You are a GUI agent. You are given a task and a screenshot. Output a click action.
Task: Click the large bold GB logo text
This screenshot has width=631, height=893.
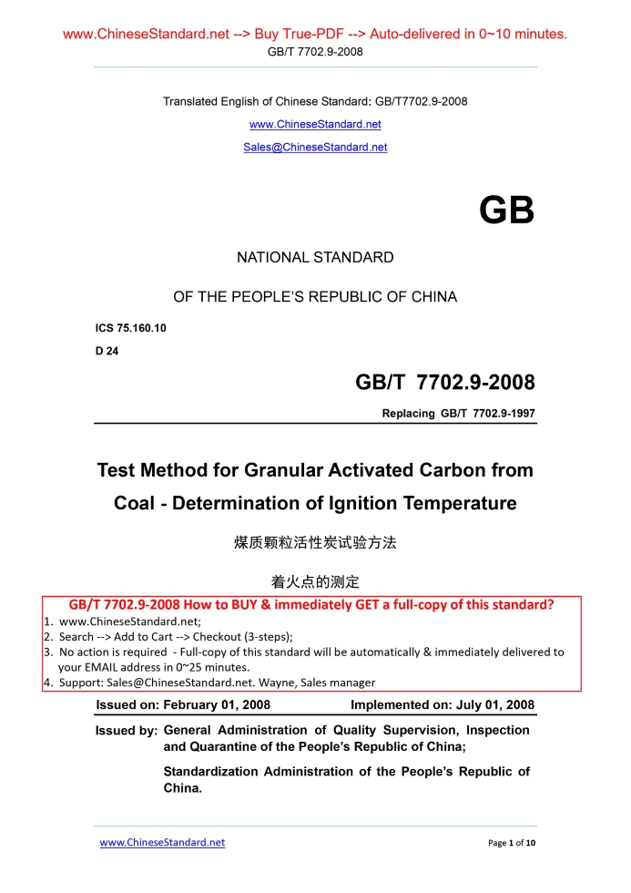click(506, 211)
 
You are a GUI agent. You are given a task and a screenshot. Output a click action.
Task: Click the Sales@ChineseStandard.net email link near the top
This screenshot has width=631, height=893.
click(315, 148)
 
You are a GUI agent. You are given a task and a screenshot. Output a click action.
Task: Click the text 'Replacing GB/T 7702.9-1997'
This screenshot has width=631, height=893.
click(458, 414)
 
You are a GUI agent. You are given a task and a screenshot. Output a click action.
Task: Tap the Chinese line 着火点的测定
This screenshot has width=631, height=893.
click(315, 581)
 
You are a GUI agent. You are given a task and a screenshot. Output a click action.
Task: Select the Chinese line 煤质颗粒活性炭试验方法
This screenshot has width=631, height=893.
click(315, 543)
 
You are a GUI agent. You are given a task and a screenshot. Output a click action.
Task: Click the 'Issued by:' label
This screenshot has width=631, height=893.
click(127, 731)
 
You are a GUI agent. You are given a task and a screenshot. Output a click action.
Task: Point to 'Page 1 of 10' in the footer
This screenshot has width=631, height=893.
click(512, 843)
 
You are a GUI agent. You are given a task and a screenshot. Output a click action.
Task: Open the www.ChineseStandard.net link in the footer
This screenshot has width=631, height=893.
click(162, 843)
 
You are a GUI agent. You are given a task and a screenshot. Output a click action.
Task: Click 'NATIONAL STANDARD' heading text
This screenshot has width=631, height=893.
click(315, 258)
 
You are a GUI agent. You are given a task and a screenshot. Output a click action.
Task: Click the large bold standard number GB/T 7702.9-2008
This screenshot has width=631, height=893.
click(444, 382)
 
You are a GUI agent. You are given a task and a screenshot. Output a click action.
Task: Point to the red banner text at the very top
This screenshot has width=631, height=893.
click(315, 35)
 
